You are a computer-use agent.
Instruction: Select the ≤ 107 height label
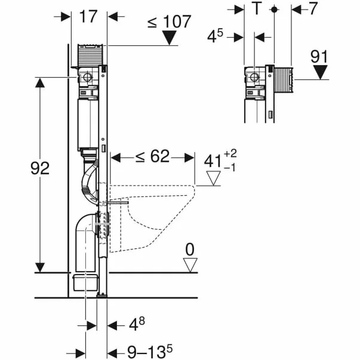pyautogui.click(x=169, y=21)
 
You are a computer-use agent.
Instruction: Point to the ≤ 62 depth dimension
pyautogui.click(x=152, y=157)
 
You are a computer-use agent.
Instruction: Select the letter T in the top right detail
pyautogui.click(x=257, y=10)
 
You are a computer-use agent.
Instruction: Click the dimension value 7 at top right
pyautogui.click(x=313, y=9)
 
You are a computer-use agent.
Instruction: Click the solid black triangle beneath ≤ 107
pyautogui.click(x=171, y=38)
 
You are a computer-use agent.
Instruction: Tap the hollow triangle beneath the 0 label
pyautogui.click(x=190, y=264)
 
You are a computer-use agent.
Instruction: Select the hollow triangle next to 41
pyautogui.click(x=214, y=178)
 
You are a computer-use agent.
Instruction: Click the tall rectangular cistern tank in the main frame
pyautogui.click(x=89, y=123)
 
